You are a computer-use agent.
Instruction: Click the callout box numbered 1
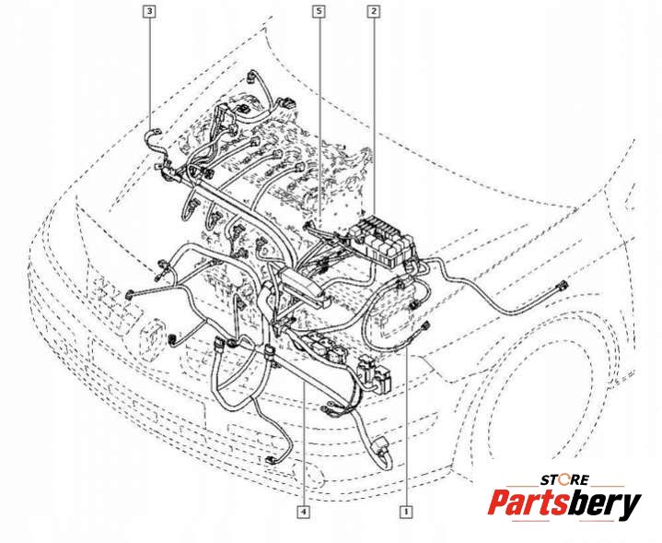[x=406, y=512]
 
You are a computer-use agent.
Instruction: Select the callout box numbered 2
[x=373, y=11]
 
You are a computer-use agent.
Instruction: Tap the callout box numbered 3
[x=149, y=11]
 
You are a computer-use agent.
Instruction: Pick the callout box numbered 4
[x=304, y=512]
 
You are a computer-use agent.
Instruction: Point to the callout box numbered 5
[x=319, y=11]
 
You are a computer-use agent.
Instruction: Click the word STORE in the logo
[x=564, y=480]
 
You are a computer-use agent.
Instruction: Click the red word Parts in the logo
[x=527, y=502]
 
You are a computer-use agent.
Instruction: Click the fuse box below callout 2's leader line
[x=383, y=240]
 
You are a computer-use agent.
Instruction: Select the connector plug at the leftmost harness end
[x=130, y=294]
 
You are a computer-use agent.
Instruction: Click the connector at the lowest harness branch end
[x=270, y=461]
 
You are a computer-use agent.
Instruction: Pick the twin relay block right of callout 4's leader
[x=374, y=374]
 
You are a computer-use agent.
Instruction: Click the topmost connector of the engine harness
[x=252, y=76]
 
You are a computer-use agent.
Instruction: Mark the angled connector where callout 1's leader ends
[x=424, y=327]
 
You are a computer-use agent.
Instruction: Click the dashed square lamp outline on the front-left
[x=151, y=339]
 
